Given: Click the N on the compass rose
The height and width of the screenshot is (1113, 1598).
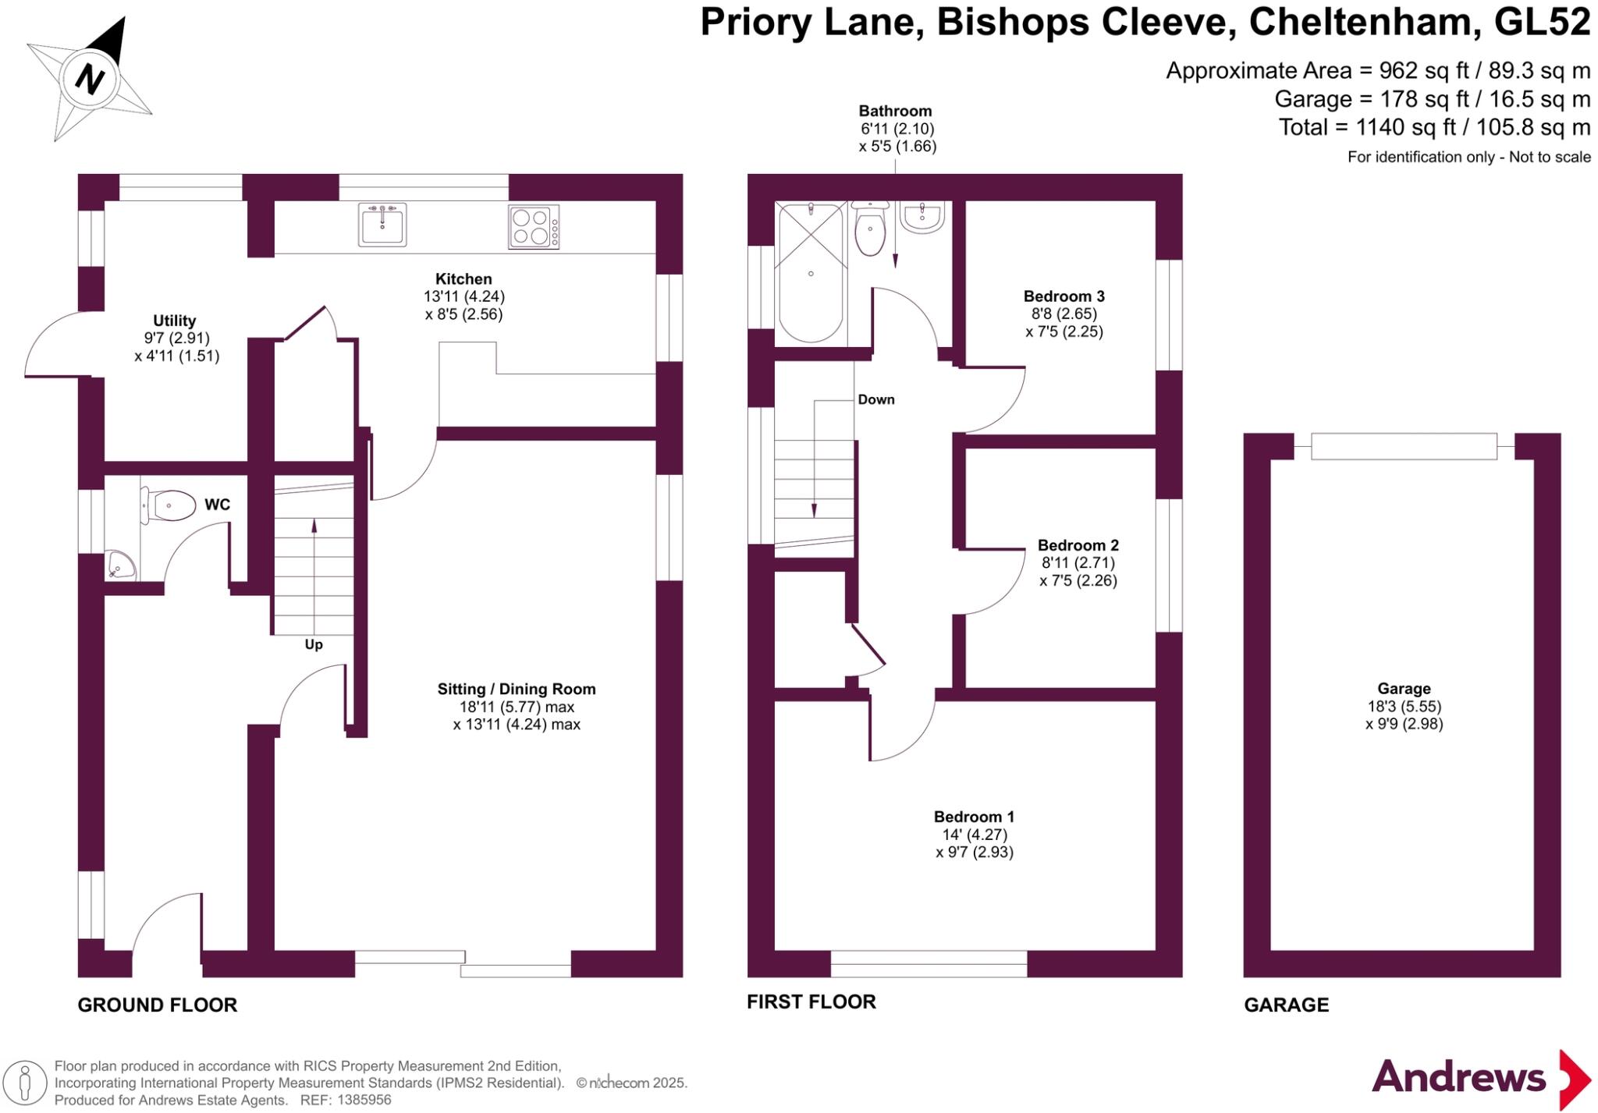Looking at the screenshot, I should point(91,79).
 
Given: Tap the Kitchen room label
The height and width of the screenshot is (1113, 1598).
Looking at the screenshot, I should point(463,279).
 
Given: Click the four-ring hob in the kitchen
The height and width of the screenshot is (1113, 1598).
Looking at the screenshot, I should point(533,226).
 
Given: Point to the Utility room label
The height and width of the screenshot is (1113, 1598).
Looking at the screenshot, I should point(174,321).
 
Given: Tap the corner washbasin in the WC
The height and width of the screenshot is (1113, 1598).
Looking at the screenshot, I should point(119,565).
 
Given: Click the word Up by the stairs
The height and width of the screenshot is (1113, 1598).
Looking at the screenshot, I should point(314,645).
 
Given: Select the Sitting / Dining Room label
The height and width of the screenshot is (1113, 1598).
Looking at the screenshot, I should point(517,689).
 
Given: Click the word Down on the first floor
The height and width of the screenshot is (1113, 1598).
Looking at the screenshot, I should point(876,400).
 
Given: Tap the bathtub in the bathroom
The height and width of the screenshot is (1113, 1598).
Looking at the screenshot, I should point(811,273).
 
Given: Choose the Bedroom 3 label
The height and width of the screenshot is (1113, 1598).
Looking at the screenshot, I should point(1064,296).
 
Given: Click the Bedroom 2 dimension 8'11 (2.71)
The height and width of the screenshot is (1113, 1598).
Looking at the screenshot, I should point(1078,563).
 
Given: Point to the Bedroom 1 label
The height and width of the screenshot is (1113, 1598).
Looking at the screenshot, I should point(974,817).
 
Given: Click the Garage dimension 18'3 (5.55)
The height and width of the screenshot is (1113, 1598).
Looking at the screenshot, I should point(1404,707).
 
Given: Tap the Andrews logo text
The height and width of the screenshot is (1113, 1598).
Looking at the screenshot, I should point(1458,1078).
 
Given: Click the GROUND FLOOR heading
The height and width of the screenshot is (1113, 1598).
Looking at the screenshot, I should point(158,1005).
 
